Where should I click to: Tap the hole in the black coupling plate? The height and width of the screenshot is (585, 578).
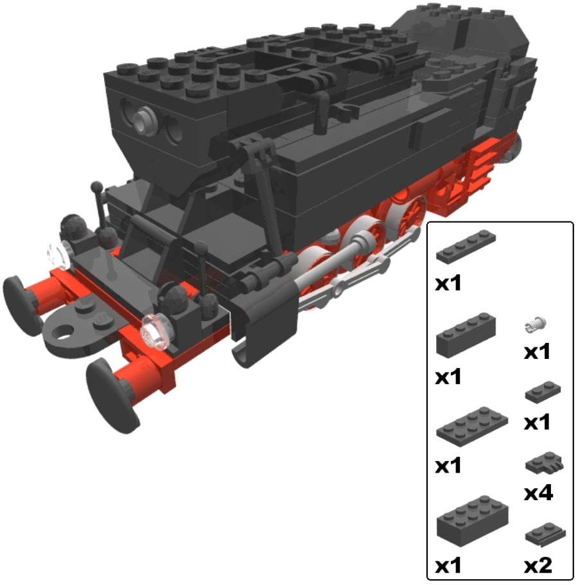[65, 332]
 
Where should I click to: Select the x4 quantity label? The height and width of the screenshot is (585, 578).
[538, 493]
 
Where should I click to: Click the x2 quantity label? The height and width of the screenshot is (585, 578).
[538, 565]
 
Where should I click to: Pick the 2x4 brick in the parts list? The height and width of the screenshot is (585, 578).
[473, 521]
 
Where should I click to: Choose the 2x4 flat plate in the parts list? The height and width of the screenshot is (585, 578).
[472, 426]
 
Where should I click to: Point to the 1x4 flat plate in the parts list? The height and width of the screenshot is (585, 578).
[466, 246]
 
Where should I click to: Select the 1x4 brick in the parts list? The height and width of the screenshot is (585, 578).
[466, 335]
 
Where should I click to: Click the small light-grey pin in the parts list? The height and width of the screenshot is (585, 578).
[536, 324]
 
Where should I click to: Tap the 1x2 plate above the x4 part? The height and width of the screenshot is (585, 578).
[543, 391]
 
